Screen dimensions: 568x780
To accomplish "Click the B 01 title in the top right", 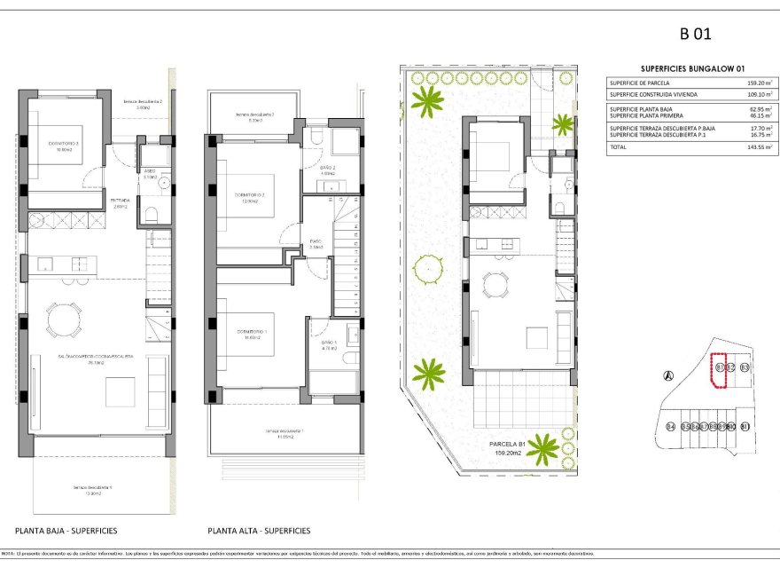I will click(695, 35).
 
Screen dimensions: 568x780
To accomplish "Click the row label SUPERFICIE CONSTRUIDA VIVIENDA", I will click(652, 94).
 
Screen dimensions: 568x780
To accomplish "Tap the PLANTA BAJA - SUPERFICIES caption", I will click(66, 531).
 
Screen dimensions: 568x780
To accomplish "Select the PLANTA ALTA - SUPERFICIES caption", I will click(259, 531).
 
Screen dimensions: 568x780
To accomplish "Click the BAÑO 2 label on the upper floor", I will click(327, 168).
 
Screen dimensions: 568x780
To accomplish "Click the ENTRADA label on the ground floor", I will click(121, 201).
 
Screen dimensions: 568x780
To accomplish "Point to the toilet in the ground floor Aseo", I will click(151, 213).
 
